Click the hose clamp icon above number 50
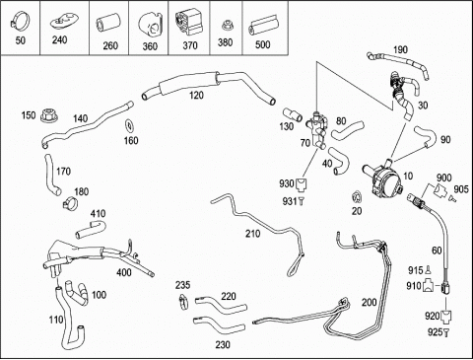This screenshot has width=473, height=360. pyautogui.click(x=20, y=20)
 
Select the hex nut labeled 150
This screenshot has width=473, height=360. pyautogui.click(x=49, y=115)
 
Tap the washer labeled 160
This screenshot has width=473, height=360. pyautogui.click(x=130, y=126)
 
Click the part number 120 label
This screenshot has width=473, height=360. pyautogui.click(x=196, y=96)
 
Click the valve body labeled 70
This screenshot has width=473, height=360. pyautogui.click(x=316, y=130)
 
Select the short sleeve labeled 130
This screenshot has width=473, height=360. pyautogui.click(x=293, y=114)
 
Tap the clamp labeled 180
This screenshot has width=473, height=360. pyautogui.click(x=70, y=202)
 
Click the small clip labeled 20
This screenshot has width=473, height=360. pyautogui.click(x=357, y=196)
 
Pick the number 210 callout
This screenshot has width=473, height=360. pyautogui.click(x=252, y=234)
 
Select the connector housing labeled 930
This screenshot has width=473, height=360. pyautogui.click(x=301, y=184)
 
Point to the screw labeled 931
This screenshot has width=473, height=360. pyautogui.click(x=302, y=201)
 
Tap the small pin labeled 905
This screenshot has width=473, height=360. pyautogui.click(x=452, y=198)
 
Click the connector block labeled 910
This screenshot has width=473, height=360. pyautogui.click(x=428, y=286)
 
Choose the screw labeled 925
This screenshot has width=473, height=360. pyautogui.click(x=446, y=332)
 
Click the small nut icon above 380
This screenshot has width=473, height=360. pyautogui.click(x=226, y=26)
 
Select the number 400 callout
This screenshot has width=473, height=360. pyautogui.click(x=124, y=272)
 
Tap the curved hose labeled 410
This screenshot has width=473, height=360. pyautogui.click(x=91, y=229)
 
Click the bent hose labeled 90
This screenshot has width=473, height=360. pyautogui.click(x=426, y=137)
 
